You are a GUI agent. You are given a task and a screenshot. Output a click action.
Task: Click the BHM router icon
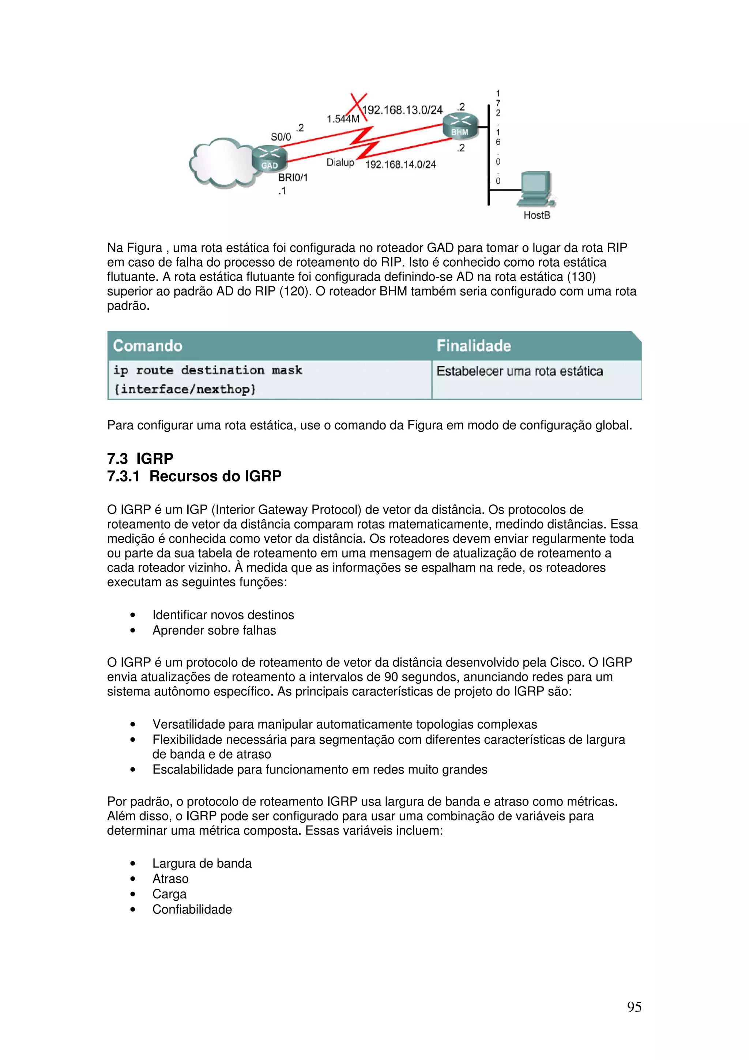coord(459,125)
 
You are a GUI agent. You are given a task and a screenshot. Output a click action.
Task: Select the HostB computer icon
coord(537,189)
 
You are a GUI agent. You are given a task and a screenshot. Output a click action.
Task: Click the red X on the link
coord(358,106)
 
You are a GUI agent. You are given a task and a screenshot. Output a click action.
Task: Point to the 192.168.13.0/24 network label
coord(402,110)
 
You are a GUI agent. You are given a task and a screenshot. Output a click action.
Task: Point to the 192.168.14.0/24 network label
coord(400,164)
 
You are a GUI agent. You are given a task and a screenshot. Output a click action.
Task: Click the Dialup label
coord(340,162)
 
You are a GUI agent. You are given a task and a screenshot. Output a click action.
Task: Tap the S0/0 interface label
coord(281,137)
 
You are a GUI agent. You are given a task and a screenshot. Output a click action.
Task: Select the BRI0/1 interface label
coord(293,177)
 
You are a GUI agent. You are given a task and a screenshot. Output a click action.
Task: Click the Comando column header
coord(148,346)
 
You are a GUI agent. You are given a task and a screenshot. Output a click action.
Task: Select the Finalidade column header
coord(474,346)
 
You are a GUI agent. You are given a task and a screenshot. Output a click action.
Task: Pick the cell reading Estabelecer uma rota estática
coord(520,371)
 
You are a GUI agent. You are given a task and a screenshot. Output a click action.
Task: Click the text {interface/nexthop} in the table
coord(185,389)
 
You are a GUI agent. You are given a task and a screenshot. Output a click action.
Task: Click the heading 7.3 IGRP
coord(140,458)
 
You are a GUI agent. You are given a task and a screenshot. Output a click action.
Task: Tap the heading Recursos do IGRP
coord(215,476)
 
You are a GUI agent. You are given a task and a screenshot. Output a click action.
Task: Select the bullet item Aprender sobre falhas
coord(214,630)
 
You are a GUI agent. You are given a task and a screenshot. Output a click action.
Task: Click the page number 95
coord(634,1007)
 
